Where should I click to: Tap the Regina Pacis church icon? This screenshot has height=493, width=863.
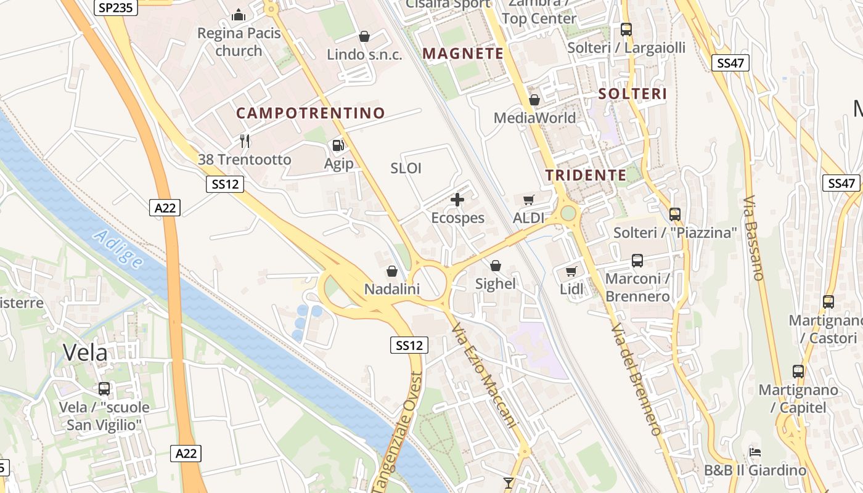coord(239,15)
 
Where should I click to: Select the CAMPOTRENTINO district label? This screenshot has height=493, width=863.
coord(311,113)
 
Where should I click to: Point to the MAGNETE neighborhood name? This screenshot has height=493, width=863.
coord(464,54)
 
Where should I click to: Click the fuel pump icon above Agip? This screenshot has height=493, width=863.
coord(338,145)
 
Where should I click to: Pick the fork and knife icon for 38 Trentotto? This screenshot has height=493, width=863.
coord(245,141)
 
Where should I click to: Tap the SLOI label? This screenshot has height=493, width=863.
coord(406,168)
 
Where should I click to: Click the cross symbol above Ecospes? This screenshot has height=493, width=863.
coord(457,200)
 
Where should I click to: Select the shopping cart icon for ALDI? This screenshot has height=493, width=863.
coord(528,200)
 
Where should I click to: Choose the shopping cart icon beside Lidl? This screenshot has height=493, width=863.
coord(571,271)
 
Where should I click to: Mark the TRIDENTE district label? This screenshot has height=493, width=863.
coord(586,175)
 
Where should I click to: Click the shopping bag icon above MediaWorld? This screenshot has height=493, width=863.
coord(534,100)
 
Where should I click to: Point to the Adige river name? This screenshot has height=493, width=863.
coord(118,249)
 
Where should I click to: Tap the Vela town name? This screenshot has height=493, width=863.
coord(85,352)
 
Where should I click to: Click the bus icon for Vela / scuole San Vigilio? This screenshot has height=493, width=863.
coord(104,389)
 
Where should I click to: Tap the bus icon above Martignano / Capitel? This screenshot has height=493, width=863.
coord(798,372)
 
